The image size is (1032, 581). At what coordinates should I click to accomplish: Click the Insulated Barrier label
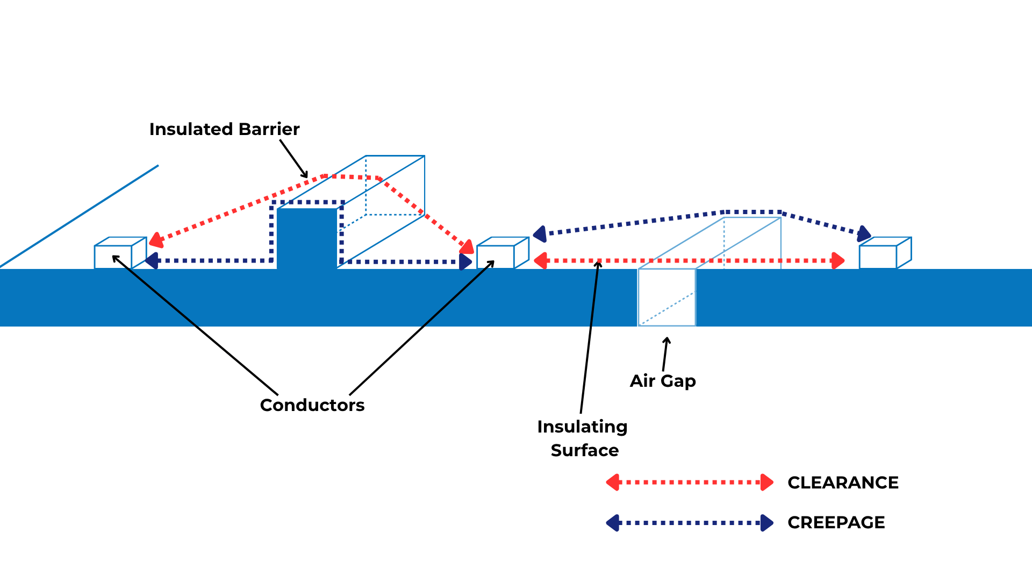[x=224, y=129]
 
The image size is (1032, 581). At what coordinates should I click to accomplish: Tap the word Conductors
[x=312, y=405]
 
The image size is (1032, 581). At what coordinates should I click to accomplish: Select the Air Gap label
[x=663, y=381]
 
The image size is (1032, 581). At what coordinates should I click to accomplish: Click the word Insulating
[x=582, y=427]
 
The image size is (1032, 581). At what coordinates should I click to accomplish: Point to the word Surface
[x=585, y=450]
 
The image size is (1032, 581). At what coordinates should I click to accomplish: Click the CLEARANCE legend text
[x=843, y=483]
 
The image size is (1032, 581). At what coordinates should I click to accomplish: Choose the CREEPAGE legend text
[x=836, y=522]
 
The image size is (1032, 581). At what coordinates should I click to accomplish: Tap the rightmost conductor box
[x=878, y=256]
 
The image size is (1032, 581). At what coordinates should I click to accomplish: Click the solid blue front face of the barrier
[x=307, y=238]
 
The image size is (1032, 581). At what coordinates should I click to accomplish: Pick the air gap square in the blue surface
[x=666, y=297]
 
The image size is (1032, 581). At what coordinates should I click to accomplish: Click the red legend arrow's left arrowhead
[x=613, y=483]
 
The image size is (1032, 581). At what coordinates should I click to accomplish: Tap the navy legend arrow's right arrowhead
[x=767, y=522]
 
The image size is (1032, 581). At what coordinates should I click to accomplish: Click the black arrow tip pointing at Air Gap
[x=667, y=339]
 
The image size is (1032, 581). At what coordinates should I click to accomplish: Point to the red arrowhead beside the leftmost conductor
[x=156, y=240]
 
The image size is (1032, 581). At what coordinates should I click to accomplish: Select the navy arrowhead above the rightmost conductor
[x=864, y=233]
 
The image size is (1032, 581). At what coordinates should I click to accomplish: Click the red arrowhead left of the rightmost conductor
[x=838, y=261]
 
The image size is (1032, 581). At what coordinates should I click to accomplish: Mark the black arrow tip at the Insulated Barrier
[x=306, y=176]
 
